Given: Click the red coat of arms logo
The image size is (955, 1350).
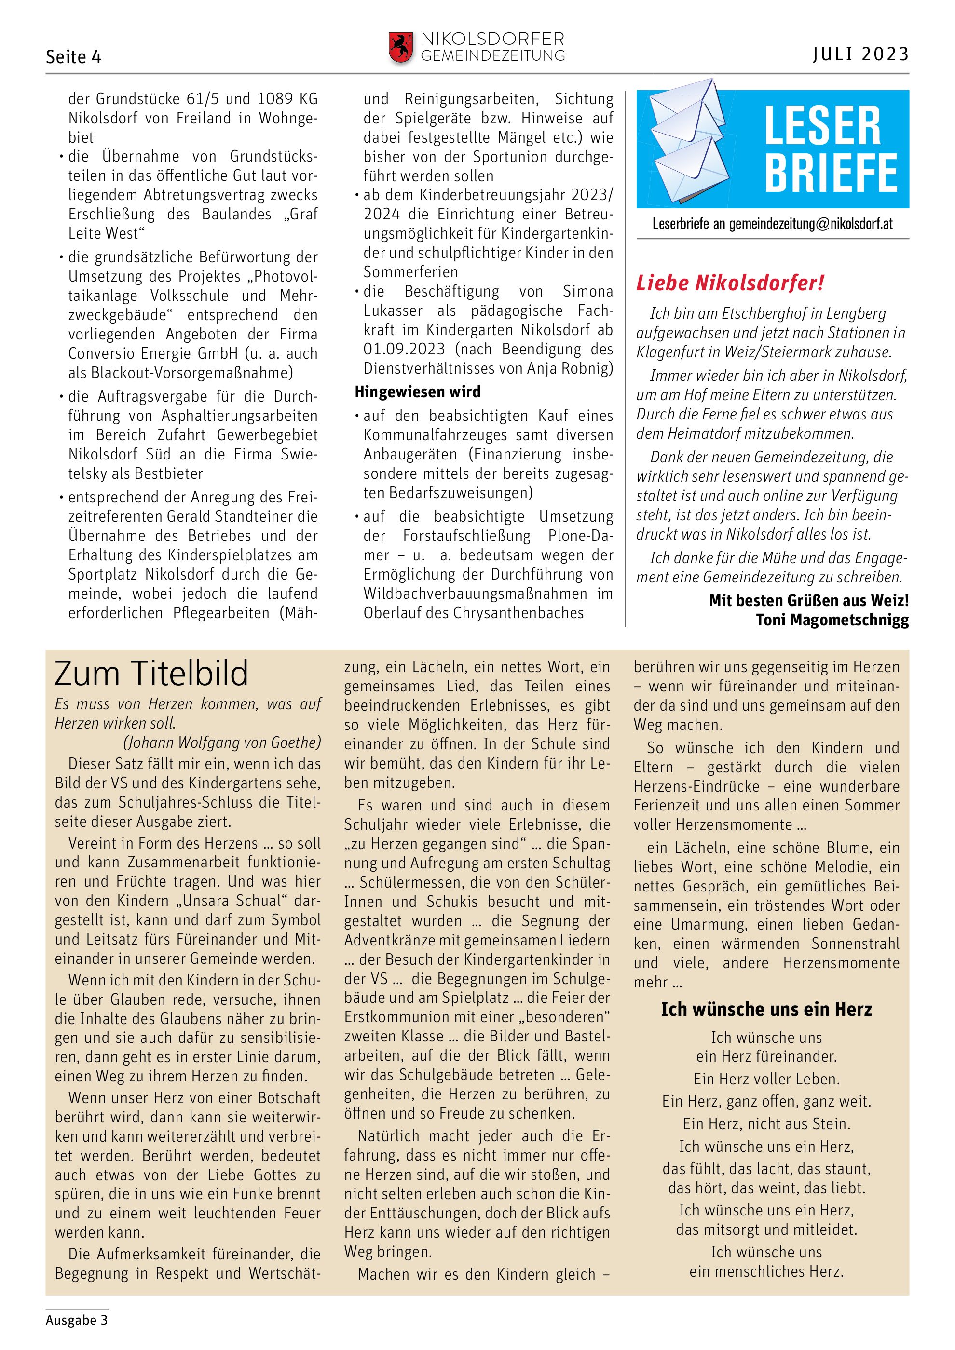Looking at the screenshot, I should pos(400,47).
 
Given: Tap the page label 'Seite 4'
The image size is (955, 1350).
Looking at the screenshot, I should pos(73,57).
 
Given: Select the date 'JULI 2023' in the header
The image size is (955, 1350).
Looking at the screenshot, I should pos(861,54).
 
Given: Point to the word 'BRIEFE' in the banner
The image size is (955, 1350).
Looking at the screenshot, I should pos(831,173).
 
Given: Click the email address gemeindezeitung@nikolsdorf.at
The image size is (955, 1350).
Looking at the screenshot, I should pos(811,224).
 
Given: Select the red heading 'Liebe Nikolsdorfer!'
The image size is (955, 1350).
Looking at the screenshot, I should pos(730,283).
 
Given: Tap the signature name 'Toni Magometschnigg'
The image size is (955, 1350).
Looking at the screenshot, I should pos(832,620).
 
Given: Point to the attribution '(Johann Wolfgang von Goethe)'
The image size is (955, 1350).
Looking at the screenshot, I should pos(222,742).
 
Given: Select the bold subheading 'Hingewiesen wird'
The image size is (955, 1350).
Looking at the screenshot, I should pos(418,391).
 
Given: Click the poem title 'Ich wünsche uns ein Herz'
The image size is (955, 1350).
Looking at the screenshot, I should pos(766,1009).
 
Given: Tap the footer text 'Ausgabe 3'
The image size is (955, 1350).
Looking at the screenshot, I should pos(76,1320).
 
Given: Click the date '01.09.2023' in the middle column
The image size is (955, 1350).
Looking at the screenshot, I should pos(404,349).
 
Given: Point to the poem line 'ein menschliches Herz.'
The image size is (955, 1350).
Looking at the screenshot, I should pos(766,1272).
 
